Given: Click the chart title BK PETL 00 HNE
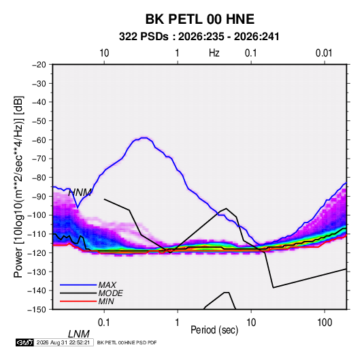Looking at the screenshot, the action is [x=199, y=19].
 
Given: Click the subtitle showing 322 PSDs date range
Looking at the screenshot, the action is [x=199, y=37].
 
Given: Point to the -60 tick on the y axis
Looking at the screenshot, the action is [x=39, y=140].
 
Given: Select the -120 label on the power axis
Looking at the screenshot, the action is [x=37, y=252].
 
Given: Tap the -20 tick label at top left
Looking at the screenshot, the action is [x=39, y=65].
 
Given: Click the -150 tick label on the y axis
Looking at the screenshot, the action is [x=37, y=310].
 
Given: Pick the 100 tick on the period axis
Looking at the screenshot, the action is [x=325, y=323].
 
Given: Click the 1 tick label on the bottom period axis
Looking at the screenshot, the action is [x=178, y=323].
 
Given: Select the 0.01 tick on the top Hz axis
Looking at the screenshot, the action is [x=324, y=53].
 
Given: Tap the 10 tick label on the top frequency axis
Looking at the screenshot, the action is [x=104, y=53].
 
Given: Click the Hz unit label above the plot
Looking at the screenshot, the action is [x=214, y=53].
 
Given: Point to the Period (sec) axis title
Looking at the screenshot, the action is [x=214, y=330].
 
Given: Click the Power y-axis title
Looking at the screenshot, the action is [x=18, y=187].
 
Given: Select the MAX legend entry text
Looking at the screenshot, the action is [x=107, y=284].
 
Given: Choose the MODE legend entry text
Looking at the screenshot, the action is [x=110, y=293].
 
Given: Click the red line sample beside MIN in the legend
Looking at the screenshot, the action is [x=78, y=301].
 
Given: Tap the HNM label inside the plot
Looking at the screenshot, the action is [x=80, y=193].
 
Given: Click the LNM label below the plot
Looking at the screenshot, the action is [x=78, y=334].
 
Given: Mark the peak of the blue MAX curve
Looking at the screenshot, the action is [x=144, y=137].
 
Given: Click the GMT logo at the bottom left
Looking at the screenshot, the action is [x=24, y=342].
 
